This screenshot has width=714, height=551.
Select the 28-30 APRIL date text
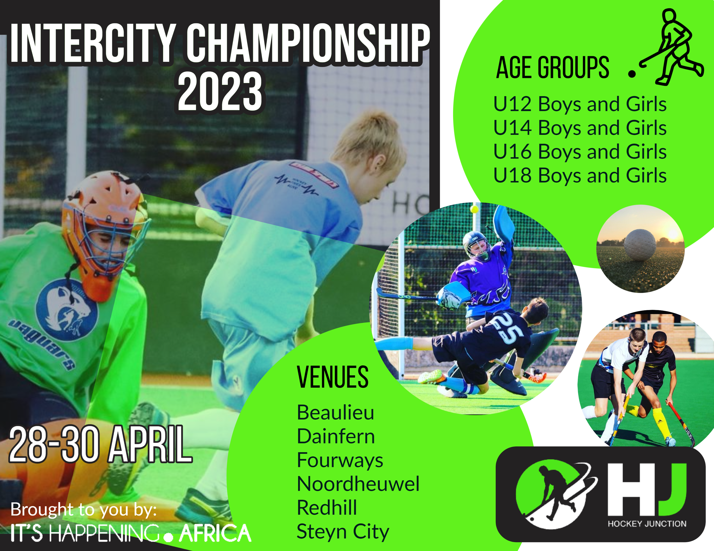point(100,445)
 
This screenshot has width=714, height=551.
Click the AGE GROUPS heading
point(553,68)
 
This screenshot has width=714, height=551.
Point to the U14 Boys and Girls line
point(580,128)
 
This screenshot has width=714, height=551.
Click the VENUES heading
point(333,377)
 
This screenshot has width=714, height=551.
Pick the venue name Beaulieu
point(335,412)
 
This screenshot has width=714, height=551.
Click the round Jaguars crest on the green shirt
point(66,309)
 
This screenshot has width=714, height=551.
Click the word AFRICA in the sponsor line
point(215,533)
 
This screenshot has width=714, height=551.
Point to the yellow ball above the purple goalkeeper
point(474,209)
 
